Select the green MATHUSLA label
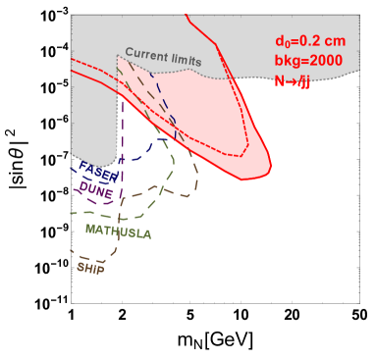(x=118, y=231)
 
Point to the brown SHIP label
(x=90, y=265)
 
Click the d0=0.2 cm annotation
(x=307, y=41)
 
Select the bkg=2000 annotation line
(x=307, y=62)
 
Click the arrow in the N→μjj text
(x=291, y=82)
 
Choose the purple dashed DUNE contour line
(x=121, y=147)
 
